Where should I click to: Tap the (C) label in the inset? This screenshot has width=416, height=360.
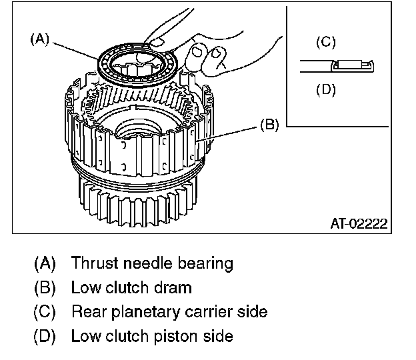[325, 43]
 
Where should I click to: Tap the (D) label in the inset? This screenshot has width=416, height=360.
[325, 89]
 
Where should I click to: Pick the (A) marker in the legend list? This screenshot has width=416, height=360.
[45, 263]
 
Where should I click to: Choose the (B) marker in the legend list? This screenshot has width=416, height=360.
[45, 288]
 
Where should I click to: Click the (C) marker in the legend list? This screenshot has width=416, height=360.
[45, 312]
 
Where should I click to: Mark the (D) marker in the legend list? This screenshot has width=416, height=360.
[45, 336]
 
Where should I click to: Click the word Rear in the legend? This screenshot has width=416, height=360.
[87, 312]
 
